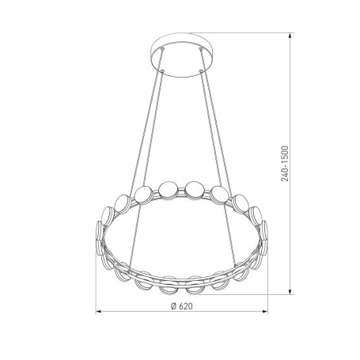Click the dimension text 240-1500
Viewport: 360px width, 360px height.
pos(285,164)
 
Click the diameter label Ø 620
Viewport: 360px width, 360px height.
pos(182,306)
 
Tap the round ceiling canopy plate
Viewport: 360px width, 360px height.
pos(182,55)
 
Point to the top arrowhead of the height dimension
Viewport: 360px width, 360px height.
pos(290,36)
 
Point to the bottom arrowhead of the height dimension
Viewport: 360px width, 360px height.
pos(290,291)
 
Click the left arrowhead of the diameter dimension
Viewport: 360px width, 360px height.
pos(98,312)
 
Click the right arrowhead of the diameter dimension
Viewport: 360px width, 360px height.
pos(265,312)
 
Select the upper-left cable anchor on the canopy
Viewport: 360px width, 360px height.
pos(162,48)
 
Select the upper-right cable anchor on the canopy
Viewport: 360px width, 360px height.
pos(201,48)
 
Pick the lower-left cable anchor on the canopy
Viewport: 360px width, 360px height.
pos(162,70)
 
